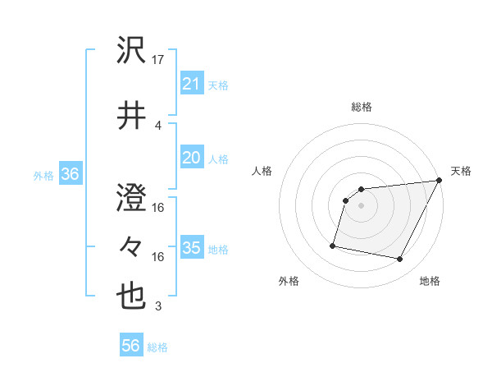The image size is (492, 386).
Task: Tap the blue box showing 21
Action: point(191,84)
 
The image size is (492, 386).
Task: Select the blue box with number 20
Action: point(191,158)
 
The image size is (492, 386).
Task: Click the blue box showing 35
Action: point(191,248)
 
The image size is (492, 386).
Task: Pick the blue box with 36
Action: point(70,174)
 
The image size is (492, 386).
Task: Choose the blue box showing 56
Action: point(131,347)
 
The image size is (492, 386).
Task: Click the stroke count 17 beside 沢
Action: point(159,60)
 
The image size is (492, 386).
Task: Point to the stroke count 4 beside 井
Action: point(158,125)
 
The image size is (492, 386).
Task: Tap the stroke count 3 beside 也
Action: point(158,306)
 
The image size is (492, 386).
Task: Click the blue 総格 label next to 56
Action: point(157,347)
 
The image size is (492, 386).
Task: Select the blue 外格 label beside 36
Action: point(43,175)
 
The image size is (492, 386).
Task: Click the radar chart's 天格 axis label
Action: point(461,171)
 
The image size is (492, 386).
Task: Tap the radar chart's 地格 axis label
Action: point(430,281)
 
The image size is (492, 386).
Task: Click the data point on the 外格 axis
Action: point(333,245)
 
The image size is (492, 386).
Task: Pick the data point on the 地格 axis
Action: point(400,260)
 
